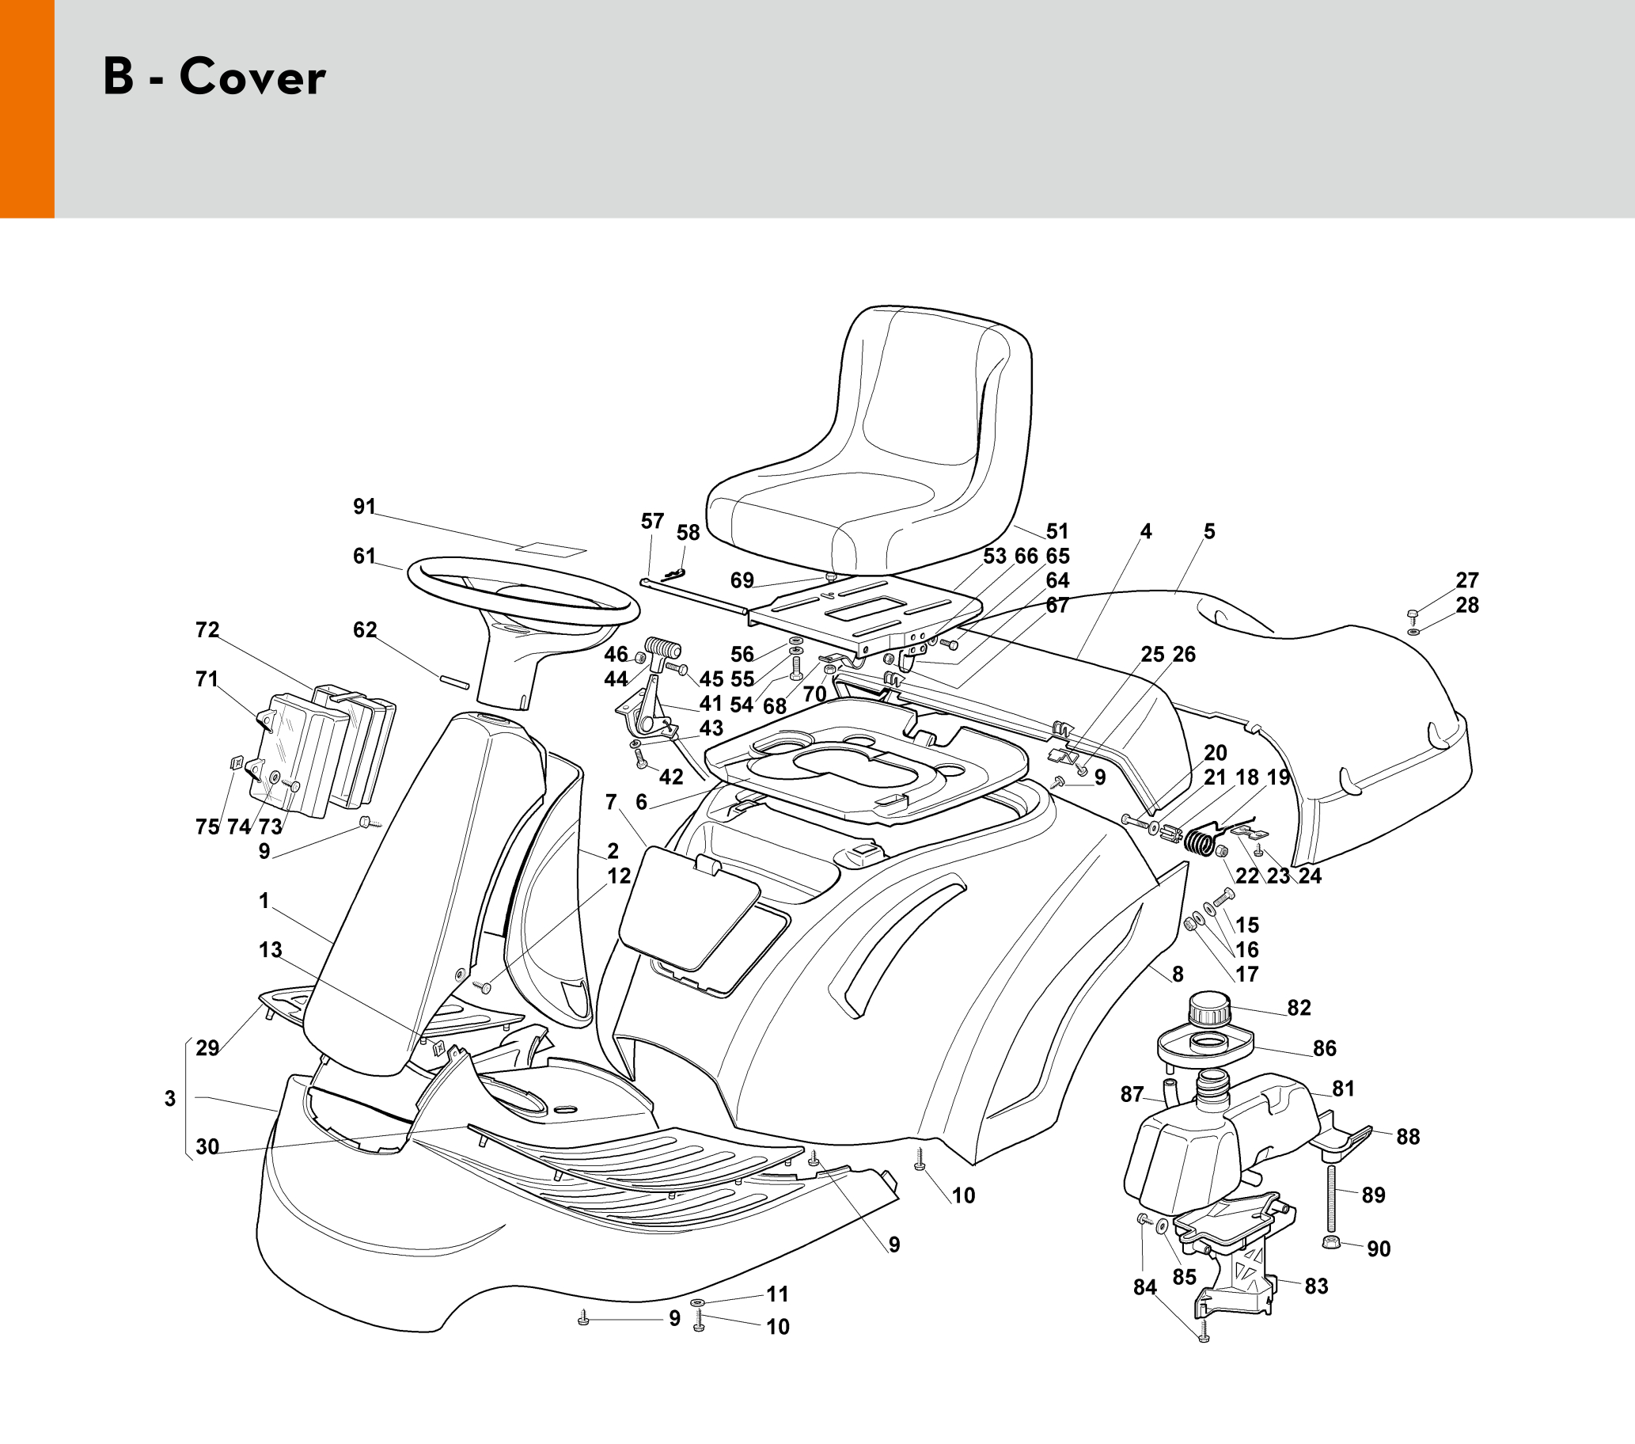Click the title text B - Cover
(214, 78)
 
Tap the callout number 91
(364, 507)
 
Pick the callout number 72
(207, 630)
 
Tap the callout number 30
(207, 1147)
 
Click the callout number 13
(271, 949)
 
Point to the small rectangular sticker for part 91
(551, 550)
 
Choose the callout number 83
(1316, 1286)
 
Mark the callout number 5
(1208, 531)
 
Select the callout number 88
(1408, 1137)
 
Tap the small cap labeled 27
(1413, 614)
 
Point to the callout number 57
(652, 522)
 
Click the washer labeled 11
(697, 1303)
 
